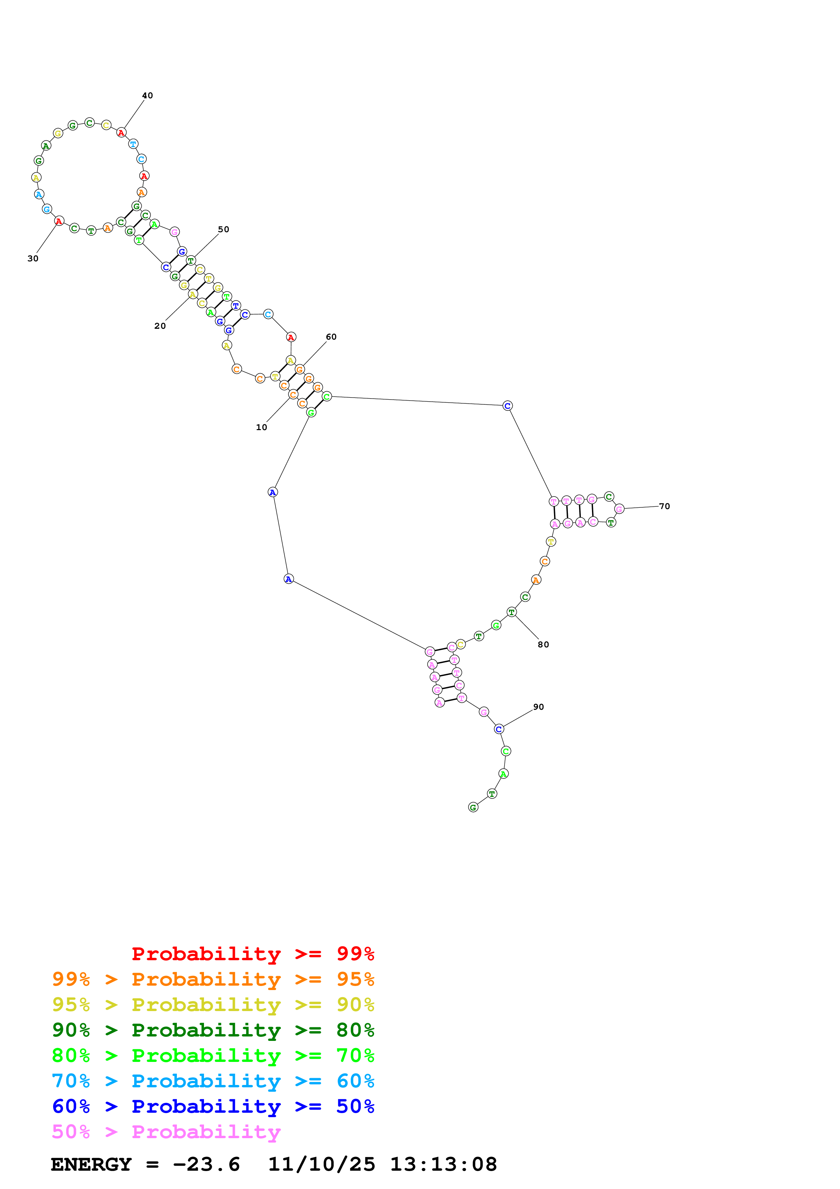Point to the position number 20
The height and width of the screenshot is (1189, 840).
tap(160, 326)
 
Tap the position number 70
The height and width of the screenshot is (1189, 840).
tap(664, 506)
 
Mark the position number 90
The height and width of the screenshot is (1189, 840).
tap(539, 707)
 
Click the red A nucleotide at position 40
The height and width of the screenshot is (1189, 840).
tap(121, 133)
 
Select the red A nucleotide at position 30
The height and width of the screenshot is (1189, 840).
tap(59, 221)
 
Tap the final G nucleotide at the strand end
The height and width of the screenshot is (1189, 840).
tap(473, 807)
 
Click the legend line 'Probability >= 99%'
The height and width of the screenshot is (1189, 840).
tap(253, 954)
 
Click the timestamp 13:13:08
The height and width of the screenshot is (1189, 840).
tap(444, 1165)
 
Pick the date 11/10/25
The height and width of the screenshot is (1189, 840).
tap(322, 1165)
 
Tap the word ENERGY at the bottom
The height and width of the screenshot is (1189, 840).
tap(91, 1165)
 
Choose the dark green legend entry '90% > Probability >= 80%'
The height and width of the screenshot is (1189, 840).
tap(213, 1030)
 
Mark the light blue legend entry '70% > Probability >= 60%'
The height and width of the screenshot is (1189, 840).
tap(213, 1081)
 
